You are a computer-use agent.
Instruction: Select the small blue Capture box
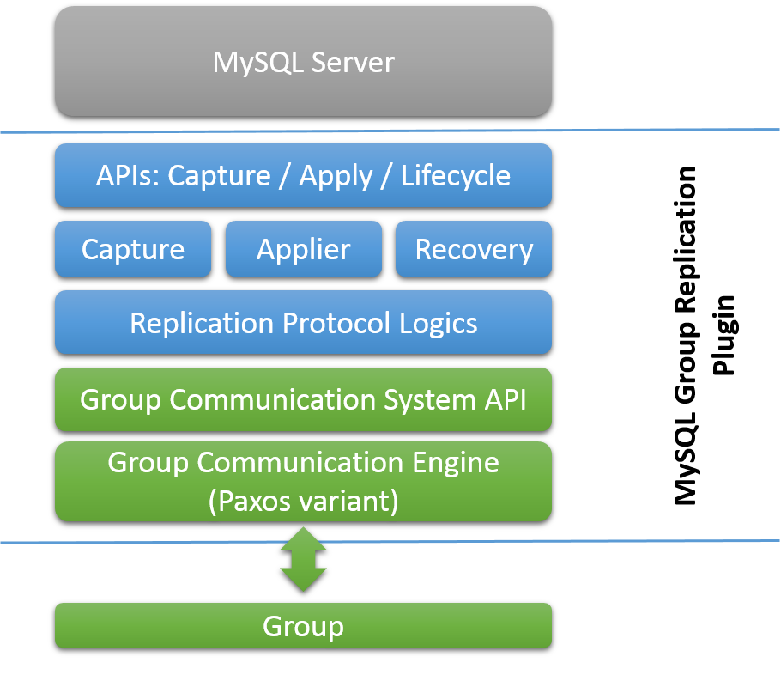[x=133, y=249]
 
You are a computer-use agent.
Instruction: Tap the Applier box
[x=303, y=249]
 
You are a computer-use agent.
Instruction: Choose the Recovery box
[x=474, y=249]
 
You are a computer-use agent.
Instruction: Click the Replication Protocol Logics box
[x=303, y=323]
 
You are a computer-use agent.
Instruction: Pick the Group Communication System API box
[x=303, y=399]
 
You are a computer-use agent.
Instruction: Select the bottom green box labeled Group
[x=303, y=626]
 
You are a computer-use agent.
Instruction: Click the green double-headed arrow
[x=303, y=559]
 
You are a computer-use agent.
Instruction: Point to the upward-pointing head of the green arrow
[x=303, y=538]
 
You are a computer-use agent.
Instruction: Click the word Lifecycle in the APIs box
[x=456, y=176]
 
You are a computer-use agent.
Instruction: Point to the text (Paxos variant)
[x=303, y=501]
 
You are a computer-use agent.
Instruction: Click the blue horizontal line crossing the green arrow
[x=515, y=541]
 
